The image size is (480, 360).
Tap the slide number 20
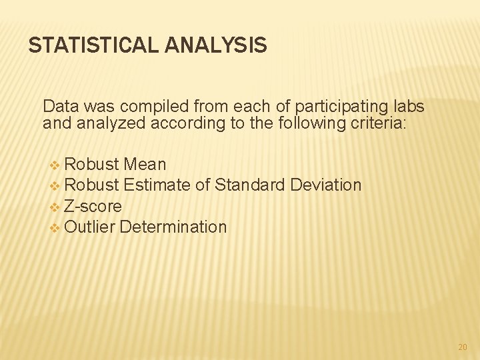(x=463, y=347)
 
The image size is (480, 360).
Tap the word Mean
(x=145, y=164)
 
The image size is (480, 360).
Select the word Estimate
(x=157, y=185)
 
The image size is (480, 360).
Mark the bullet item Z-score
(x=93, y=206)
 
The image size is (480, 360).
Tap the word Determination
(x=173, y=227)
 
